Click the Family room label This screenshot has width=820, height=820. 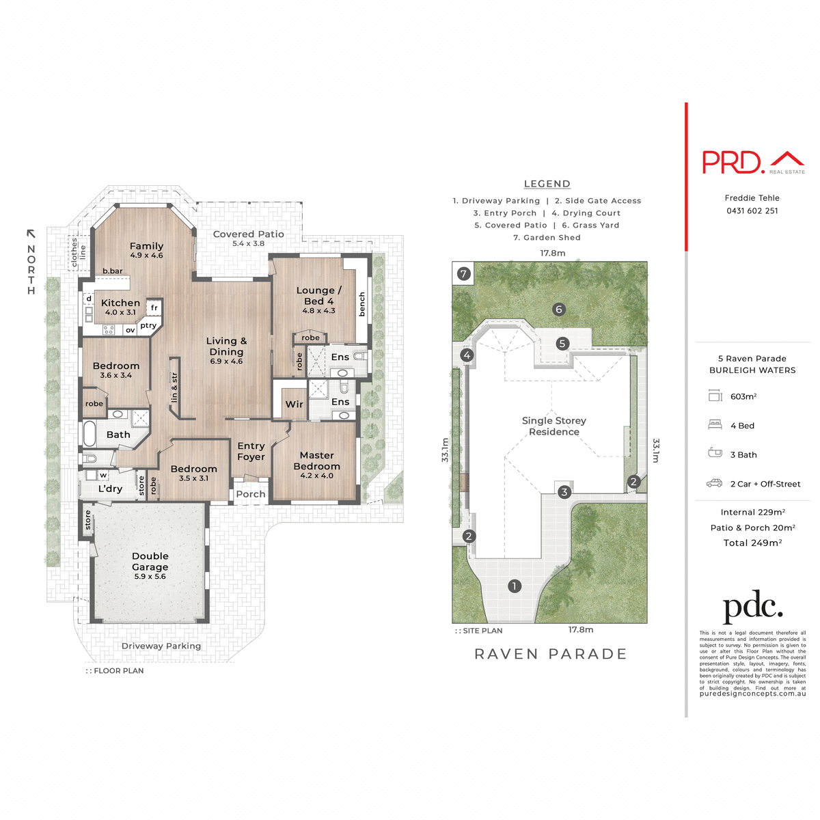(x=146, y=246)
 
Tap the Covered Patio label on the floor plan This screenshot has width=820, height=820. (x=248, y=234)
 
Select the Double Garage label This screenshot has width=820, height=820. (x=150, y=562)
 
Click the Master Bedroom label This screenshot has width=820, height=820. (x=316, y=461)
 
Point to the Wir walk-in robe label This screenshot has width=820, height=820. (x=294, y=405)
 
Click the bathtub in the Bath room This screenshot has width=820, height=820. (x=90, y=433)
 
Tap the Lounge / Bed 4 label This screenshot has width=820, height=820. (x=318, y=295)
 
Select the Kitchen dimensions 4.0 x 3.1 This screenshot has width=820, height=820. (x=120, y=312)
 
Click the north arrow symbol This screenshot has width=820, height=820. (x=31, y=234)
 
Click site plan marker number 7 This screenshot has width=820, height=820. (x=464, y=274)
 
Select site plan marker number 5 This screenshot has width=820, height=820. (x=562, y=343)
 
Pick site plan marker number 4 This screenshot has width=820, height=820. (x=467, y=355)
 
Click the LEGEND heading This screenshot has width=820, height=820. (x=547, y=184)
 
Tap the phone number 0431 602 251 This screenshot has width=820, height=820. (x=752, y=210)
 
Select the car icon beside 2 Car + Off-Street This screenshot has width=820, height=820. (x=714, y=483)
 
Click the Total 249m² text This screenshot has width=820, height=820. (x=752, y=543)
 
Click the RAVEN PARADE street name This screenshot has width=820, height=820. (x=550, y=654)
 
